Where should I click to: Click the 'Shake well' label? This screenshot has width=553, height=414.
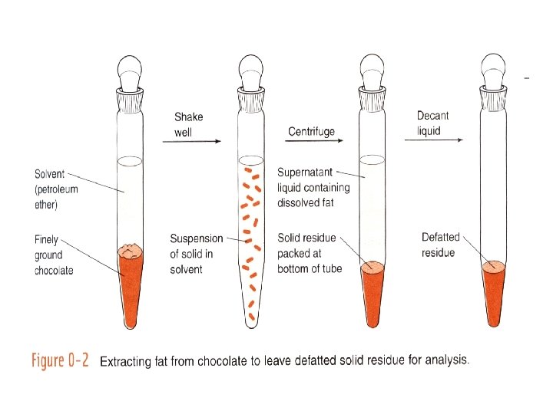tap(188, 123)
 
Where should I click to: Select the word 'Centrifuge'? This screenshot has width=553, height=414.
tap(311, 132)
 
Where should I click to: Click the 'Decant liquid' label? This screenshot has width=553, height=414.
tap(432, 123)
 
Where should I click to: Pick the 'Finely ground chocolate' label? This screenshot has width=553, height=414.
tap(54, 255)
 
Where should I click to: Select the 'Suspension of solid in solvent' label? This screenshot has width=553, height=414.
tap(196, 254)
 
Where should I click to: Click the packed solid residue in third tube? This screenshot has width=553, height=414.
tap(373, 291)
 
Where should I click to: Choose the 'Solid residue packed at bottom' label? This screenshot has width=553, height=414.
tap(310, 253)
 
